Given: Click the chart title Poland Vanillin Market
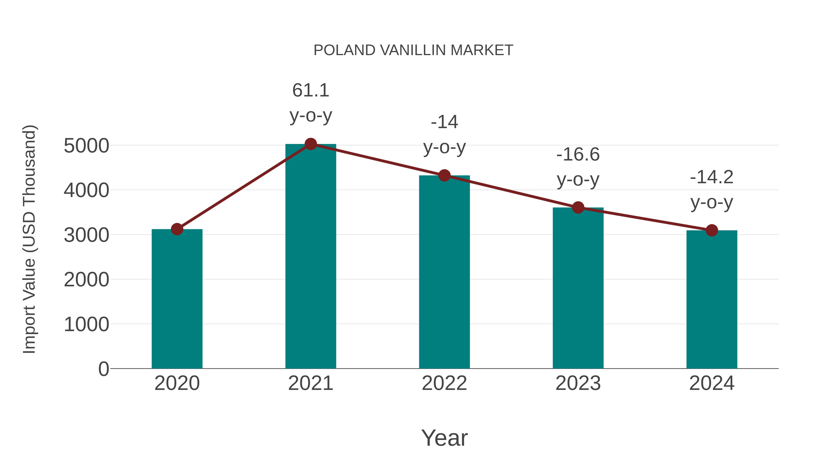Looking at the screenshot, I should (x=413, y=50).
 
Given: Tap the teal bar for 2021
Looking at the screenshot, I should (x=310, y=257).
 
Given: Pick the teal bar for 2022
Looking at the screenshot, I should (x=444, y=273).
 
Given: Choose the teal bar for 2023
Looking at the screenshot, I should (x=578, y=289).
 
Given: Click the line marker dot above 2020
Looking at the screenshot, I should (x=177, y=229).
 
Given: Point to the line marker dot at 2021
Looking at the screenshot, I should (x=310, y=144).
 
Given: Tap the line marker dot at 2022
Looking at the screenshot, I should (x=444, y=175).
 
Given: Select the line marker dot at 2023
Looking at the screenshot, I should (x=578, y=208).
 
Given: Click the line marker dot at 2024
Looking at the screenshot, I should (x=712, y=230).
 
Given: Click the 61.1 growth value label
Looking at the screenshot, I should (x=310, y=90).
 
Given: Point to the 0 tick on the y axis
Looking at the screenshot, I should (x=103, y=369).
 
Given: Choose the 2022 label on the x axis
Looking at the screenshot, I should (x=444, y=383).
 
